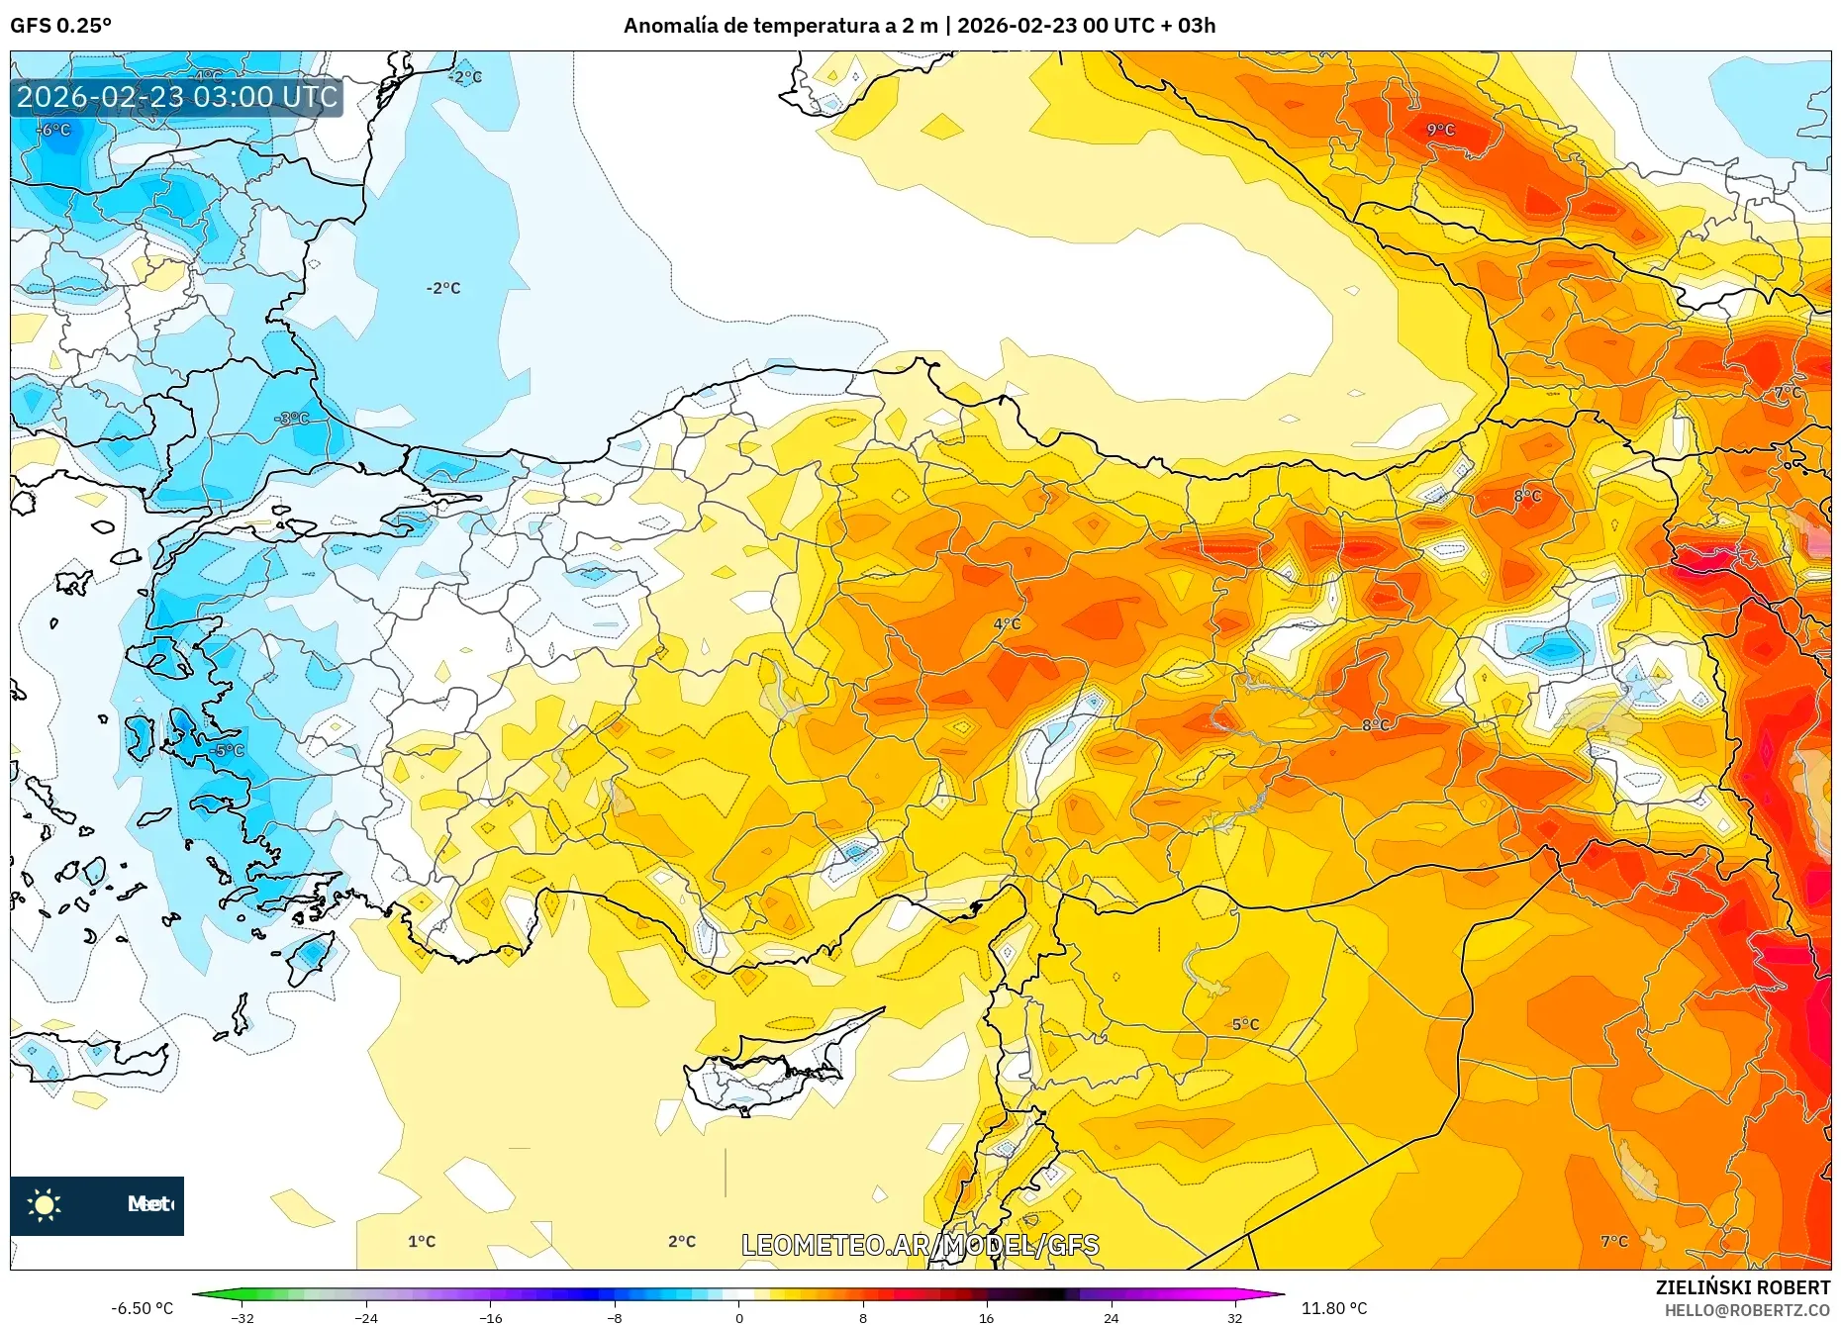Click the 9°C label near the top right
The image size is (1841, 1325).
pos(1440,130)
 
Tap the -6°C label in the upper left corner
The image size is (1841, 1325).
pos(54,130)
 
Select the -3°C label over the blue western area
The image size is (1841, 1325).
pos(292,419)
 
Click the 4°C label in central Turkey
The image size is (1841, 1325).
pos(1007,624)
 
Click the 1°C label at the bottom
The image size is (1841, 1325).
pos(422,1241)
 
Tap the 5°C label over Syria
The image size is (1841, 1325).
pos(1245,1024)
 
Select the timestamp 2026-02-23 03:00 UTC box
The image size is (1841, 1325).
pos(177,97)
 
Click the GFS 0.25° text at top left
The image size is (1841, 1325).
pos(61,26)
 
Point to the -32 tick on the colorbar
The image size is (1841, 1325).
pos(242,1317)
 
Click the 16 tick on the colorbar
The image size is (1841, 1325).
pos(986,1317)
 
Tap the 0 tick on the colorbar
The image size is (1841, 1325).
pos(738,1317)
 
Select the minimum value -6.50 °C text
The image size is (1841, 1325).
pos(142,1308)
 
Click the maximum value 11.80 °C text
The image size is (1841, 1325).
pos(1333,1308)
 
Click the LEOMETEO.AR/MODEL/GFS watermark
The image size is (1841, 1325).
pos(920,1245)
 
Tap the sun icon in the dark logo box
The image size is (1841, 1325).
pos(45,1204)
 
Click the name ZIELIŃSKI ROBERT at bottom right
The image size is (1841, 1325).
pos(1742,1287)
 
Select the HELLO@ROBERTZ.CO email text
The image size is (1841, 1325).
pos(1747,1310)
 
